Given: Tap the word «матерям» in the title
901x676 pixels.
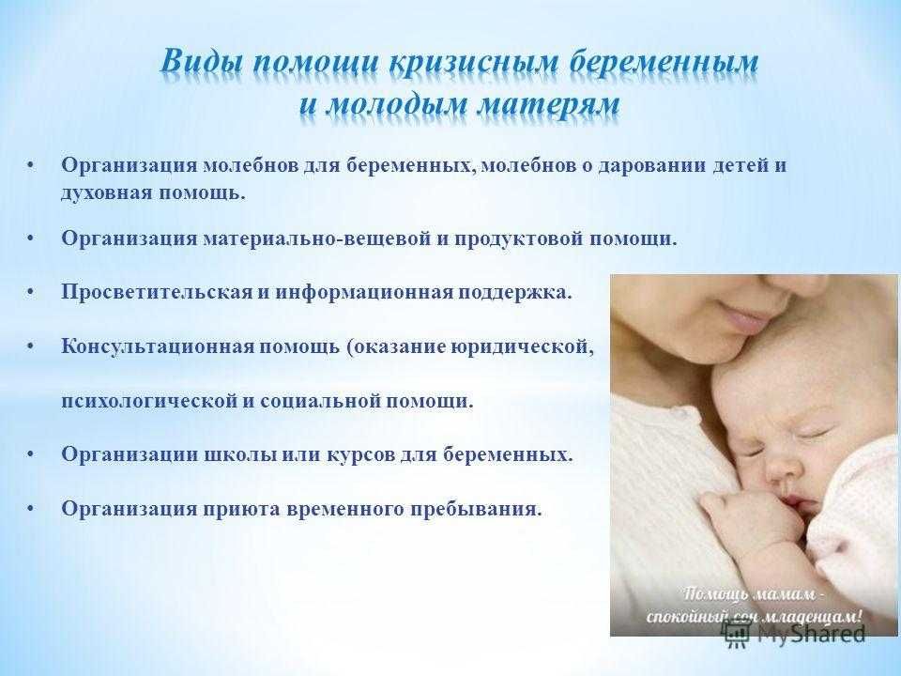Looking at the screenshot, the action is (550, 107).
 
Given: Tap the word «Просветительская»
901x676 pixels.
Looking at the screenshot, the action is (157, 293).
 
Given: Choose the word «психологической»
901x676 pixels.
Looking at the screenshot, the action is (149, 401).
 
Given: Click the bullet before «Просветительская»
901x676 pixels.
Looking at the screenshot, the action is (31, 293).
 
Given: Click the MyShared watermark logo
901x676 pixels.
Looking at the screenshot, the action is (795, 633).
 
